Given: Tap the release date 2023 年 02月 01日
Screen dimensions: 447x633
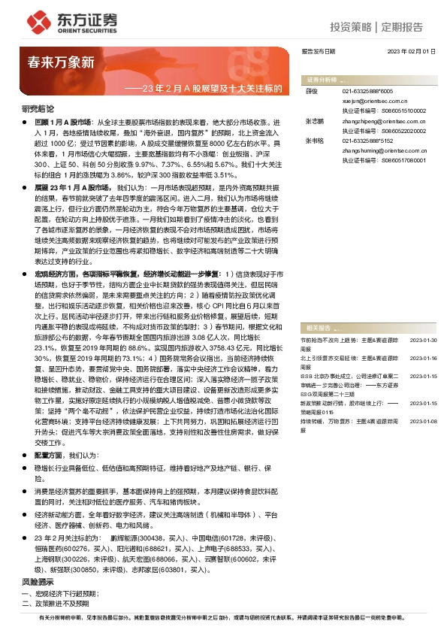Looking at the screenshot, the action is point(410,51).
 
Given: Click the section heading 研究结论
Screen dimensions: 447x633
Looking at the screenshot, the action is point(38,108).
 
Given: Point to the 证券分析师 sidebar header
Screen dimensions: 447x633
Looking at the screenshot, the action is point(322,79).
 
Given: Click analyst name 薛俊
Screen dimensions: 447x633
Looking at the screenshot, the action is point(312,90).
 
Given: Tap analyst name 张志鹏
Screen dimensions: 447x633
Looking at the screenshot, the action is point(314,120).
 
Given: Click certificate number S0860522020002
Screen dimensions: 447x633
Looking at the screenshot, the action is point(398,129).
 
